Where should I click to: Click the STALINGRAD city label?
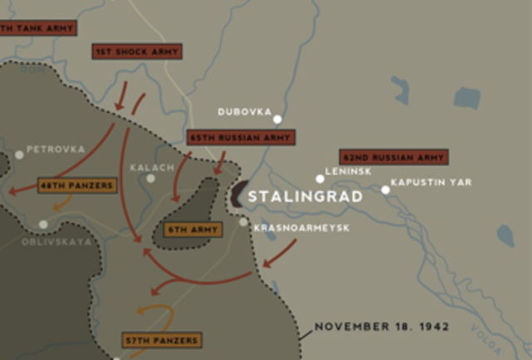coord(305,197)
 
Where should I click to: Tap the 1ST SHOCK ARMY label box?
coord(137,52)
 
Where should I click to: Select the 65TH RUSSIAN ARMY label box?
coord(241,138)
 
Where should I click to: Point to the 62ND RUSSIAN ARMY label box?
coord(394,156)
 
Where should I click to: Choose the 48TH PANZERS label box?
coord(76,185)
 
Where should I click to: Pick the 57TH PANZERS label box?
coord(161,340)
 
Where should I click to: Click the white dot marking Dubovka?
coord(278,119)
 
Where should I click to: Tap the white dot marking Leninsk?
coord(320,178)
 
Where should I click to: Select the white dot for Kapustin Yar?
coord(386,190)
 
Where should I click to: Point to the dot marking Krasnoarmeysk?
coord(244,222)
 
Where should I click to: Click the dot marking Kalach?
coord(150,178)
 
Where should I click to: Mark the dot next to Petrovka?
coord(19,155)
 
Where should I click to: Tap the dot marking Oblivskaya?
coord(43,224)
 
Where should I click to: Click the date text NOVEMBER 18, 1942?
coord(382,327)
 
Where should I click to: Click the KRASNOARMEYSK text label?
coord(301,227)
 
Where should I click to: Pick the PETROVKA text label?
coord(56,150)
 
